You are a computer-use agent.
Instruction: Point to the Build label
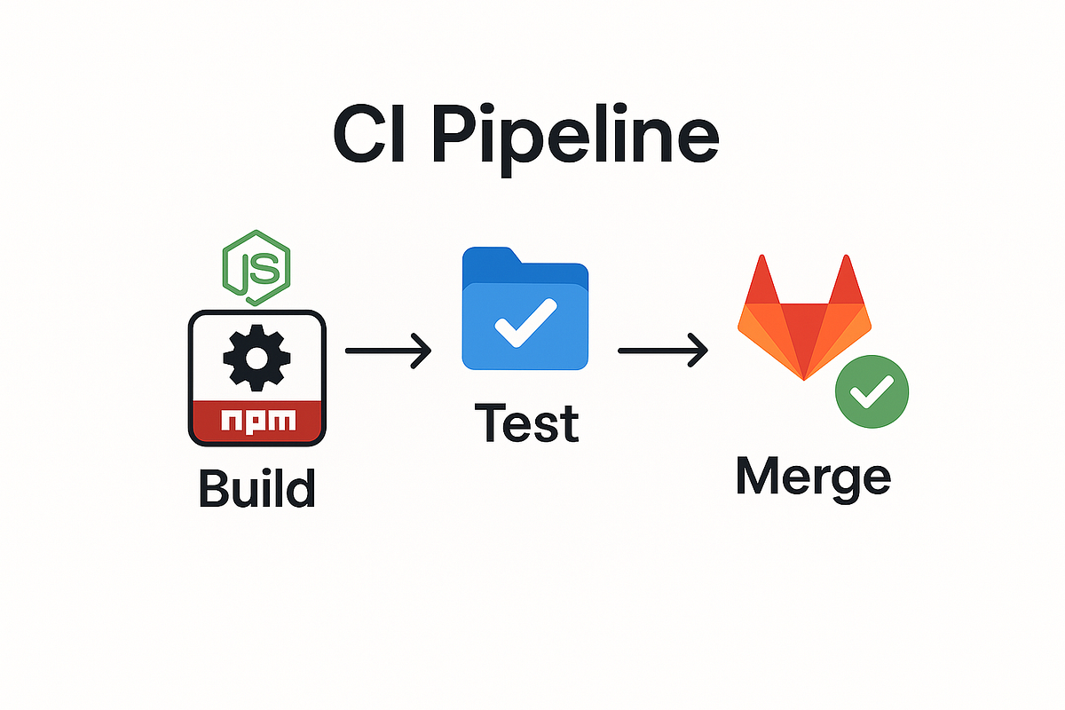pyautogui.click(x=256, y=489)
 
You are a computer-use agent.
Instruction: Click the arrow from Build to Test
pyautogui.click(x=388, y=351)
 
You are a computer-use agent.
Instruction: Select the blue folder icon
pyautogui.click(x=525, y=311)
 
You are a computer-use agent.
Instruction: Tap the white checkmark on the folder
pyautogui.click(x=525, y=321)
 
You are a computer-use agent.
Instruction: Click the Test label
pyautogui.click(x=526, y=423)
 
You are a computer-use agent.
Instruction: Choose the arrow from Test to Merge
pyautogui.click(x=662, y=351)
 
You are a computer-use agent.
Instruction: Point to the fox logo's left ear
pyautogui.click(x=760, y=280)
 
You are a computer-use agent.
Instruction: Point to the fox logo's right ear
pyautogui.click(x=848, y=280)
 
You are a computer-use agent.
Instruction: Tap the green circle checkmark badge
pyautogui.click(x=872, y=390)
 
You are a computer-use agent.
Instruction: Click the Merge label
pyautogui.click(x=813, y=478)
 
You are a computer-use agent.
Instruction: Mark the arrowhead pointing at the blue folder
pyautogui.click(x=422, y=351)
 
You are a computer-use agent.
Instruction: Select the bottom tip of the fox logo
pyautogui.click(x=804, y=378)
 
